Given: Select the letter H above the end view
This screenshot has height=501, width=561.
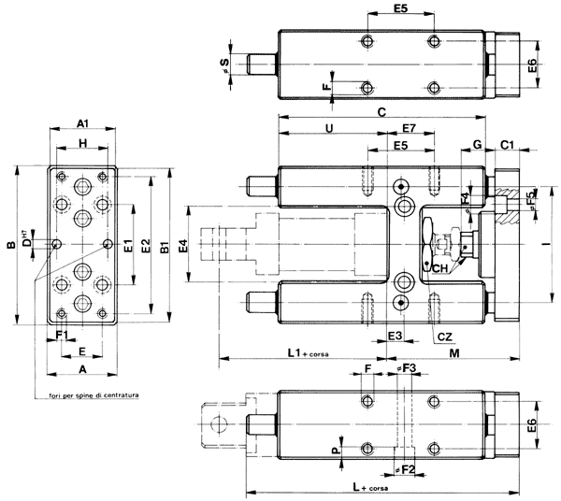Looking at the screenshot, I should point(82,143).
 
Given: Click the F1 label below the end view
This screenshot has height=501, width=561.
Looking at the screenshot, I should point(62,334).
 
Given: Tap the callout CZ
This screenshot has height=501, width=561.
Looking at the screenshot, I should point(445,334).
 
